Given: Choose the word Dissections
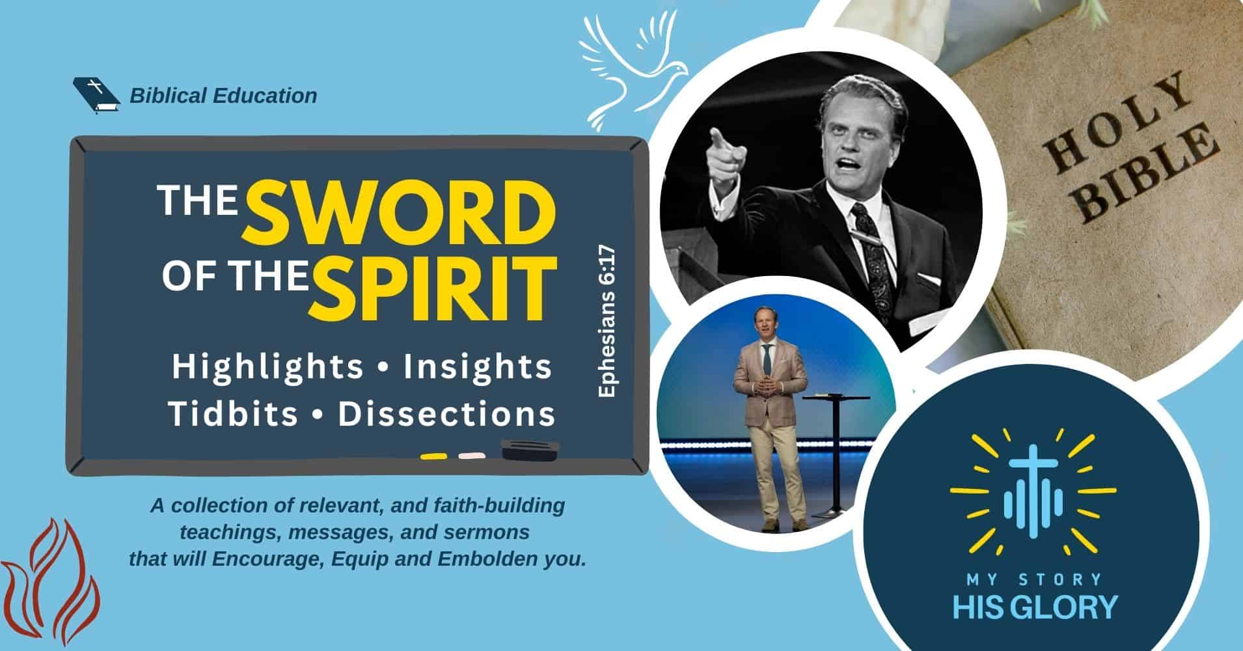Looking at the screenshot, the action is tap(447, 414).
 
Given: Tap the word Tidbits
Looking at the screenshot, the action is tap(232, 414).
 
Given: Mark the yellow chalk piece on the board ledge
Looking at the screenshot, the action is tap(432, 456).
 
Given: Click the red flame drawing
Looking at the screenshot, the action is tap(52, 580).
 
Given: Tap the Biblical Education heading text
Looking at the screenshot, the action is tap(223, 96).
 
